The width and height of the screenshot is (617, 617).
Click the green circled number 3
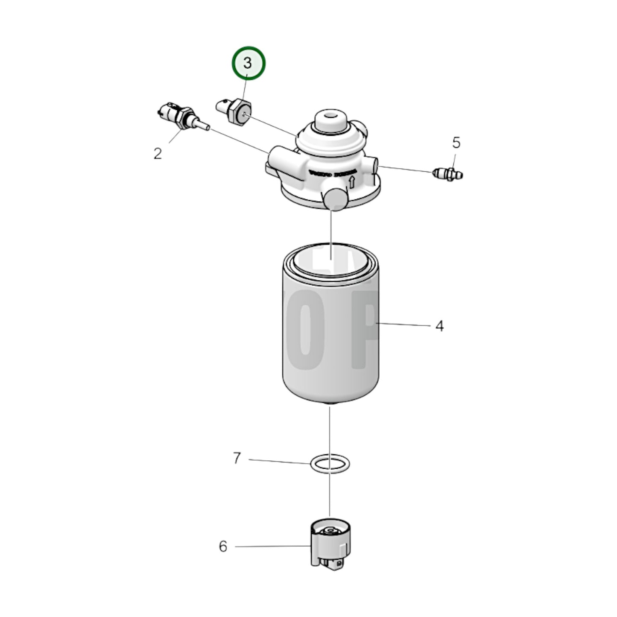tap(248, 64)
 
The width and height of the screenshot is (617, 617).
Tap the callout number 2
tap(158, 154)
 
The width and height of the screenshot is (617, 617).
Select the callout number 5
tap(456, 143)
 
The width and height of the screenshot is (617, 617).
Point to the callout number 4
tap(439, 326)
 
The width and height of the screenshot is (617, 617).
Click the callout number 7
tap(237, 459)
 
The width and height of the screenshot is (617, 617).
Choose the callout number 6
tap(223, 546)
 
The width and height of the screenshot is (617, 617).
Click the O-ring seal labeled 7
tap(330, 464)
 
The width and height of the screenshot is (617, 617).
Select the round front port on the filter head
tap(334, 199)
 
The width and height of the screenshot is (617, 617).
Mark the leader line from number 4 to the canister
tap(404, 325)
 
